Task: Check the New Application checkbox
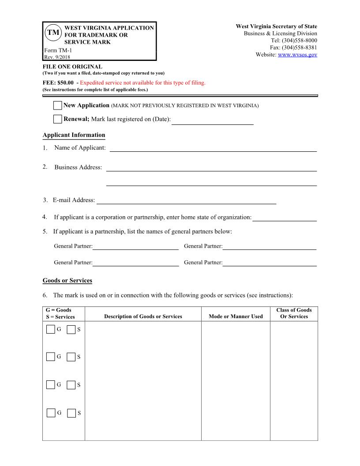[57, 105]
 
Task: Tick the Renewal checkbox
[57, 119]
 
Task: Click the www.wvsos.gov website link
[298, 55]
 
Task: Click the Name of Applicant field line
[213, 148]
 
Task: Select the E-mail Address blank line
[186, 200]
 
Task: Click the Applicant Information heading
[74, 135]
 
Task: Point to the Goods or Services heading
[67, 281]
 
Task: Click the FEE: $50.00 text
[58, 83]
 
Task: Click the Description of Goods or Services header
[143, 316]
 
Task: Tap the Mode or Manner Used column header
[235, 316]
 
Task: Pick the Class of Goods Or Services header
[294, 313]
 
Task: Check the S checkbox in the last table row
[71, 413]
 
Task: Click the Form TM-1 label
[55, 51]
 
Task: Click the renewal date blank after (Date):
[212, 120]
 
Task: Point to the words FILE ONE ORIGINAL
[72, 67]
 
